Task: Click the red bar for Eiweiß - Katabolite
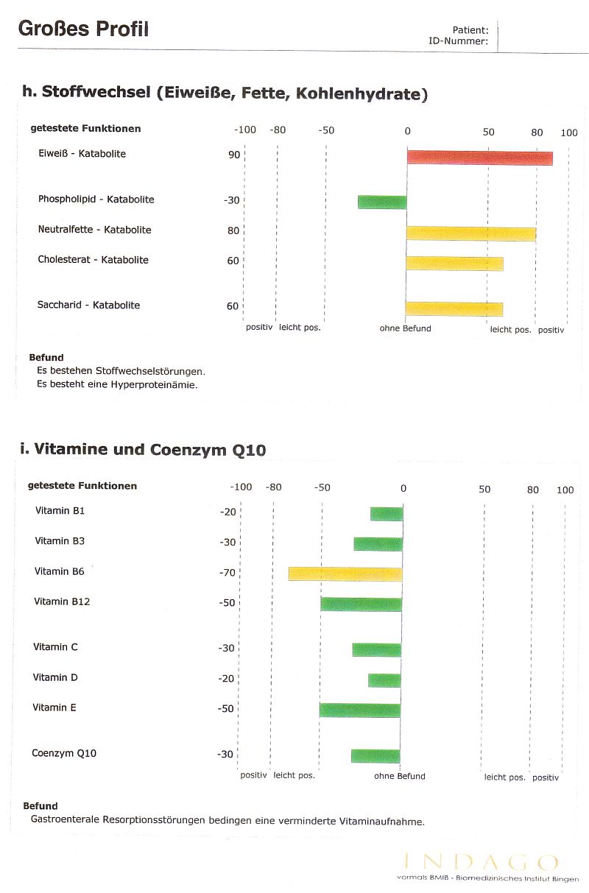(480, 158)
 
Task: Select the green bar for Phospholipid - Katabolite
(382, 202)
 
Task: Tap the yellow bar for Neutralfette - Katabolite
(471, 233)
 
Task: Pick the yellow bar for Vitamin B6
(345, 574)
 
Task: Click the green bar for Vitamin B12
(361, 604)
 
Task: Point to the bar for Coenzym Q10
(375, 756)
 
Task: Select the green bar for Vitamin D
(384, 680)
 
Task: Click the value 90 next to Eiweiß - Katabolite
(234, 155)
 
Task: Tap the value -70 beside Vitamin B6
(228, 573)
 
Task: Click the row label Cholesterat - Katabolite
(93, 260)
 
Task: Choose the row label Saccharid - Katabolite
(88, 305)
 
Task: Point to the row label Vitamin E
(54, 707)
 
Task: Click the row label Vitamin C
(55, 646)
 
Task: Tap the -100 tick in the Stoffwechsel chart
(245, 130)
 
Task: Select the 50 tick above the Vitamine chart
(484, 489)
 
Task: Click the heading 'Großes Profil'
(83, 29)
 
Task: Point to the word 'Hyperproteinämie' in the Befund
(154, 385)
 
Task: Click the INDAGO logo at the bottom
(481, 862)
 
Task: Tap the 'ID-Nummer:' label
(458, 40)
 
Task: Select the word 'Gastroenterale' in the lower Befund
(65, 819)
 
